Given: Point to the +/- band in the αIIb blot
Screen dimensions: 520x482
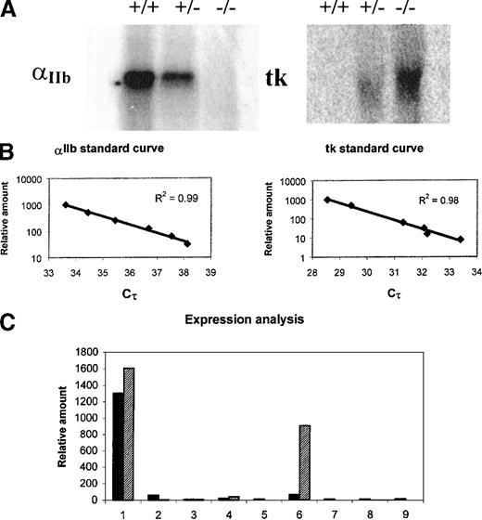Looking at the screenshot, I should click(180, 76).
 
